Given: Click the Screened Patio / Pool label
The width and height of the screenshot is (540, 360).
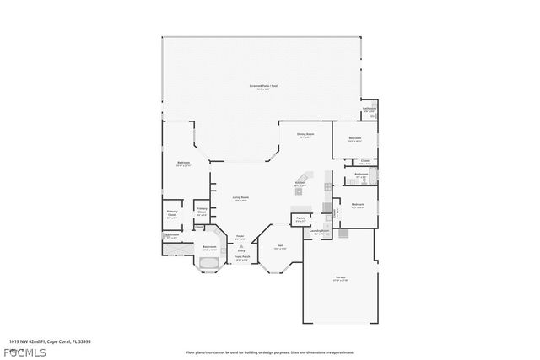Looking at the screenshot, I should tap(262, 87).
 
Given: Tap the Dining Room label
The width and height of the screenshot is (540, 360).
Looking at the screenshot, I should tap(305, 135).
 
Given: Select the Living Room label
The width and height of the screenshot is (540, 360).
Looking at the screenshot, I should tap(240, 199).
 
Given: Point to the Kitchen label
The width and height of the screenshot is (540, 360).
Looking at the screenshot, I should tap(300, 183).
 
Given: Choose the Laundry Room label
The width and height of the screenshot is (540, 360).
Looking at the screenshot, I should tap(318, 231).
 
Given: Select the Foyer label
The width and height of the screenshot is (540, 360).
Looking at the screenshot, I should tap(240, 237).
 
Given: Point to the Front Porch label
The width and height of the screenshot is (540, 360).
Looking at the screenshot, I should tap(241, 259).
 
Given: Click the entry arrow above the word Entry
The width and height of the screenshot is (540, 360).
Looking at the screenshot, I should tap(240, 246).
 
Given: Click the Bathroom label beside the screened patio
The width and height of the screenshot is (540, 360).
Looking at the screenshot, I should tap(369, 110).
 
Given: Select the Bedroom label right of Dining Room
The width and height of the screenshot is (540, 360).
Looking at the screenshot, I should tap(355, 139).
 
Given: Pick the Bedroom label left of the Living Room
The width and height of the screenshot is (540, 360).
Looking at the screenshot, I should tap(183, 164).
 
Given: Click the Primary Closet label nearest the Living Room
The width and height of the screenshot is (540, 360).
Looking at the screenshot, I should tap(202, 211).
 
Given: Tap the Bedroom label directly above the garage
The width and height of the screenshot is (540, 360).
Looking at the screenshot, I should tap(357, 206).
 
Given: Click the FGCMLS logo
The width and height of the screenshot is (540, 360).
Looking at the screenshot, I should tap(28, 351).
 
